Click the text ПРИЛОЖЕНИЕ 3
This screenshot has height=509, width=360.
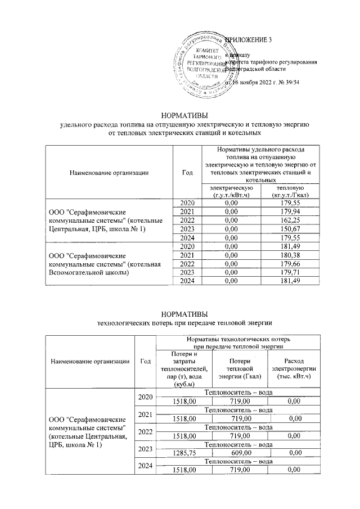pyautogui.click(x=248, y=40)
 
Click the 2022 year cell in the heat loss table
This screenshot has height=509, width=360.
pyautogui.click(x=145, y=431)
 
